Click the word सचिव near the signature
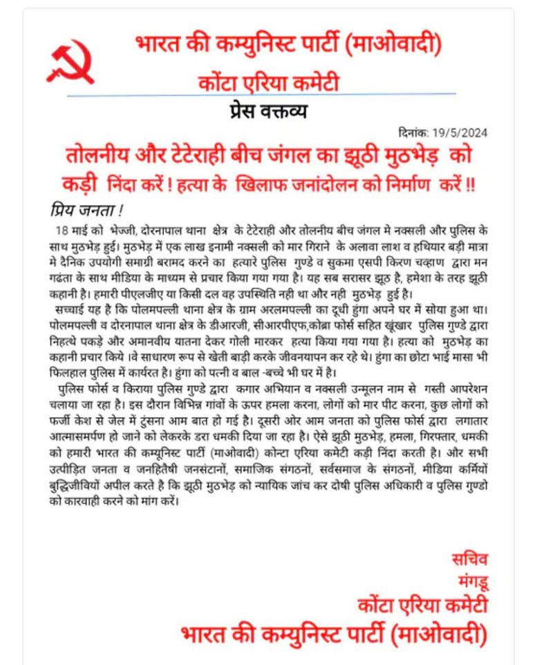coord(469,559)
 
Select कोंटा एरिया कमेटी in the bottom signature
coord(423,606)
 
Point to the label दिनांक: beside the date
coord(416,133)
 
